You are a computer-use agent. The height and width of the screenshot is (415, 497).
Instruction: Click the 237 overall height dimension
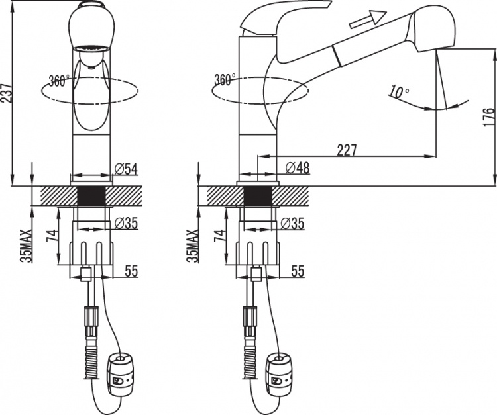[x=7, y=93]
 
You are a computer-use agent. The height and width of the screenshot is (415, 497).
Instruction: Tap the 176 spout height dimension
[x=488, y=117]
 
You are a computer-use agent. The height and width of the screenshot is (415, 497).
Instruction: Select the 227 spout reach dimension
[x=347, y=150]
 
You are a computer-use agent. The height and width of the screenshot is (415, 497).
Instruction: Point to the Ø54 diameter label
[x=126, y=169]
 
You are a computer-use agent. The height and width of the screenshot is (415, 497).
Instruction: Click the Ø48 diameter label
[x=298, y=167]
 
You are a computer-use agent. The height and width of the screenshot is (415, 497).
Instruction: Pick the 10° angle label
[x=398, y=91]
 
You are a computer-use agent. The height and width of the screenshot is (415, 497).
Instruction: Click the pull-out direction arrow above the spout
[x=368, y=19]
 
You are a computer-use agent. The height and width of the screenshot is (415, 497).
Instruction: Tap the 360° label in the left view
[x=60, y=81]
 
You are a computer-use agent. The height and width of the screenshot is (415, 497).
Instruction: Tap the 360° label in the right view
[x=225, y=80]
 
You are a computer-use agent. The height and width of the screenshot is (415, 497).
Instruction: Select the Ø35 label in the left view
[x=126, y=224]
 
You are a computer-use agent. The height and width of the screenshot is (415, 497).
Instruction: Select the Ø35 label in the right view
[x=292, y=224]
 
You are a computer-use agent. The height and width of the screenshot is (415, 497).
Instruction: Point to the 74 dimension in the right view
[x=221, y=236]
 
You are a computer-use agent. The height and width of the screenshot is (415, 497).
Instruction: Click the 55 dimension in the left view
[x=131, y=271]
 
